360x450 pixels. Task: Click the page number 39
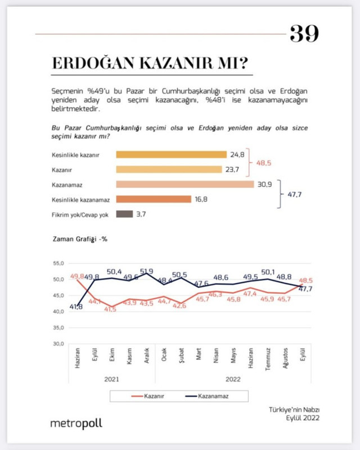pos(304,34)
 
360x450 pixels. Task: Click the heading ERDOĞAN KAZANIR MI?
pos(149,63)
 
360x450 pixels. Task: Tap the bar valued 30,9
pos(185,184)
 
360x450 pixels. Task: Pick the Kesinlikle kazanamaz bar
pos(154,199)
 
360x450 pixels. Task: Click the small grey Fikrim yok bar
pos(124,214)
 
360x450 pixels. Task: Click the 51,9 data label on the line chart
pos(147,271)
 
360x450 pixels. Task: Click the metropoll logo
pos(76,423)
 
